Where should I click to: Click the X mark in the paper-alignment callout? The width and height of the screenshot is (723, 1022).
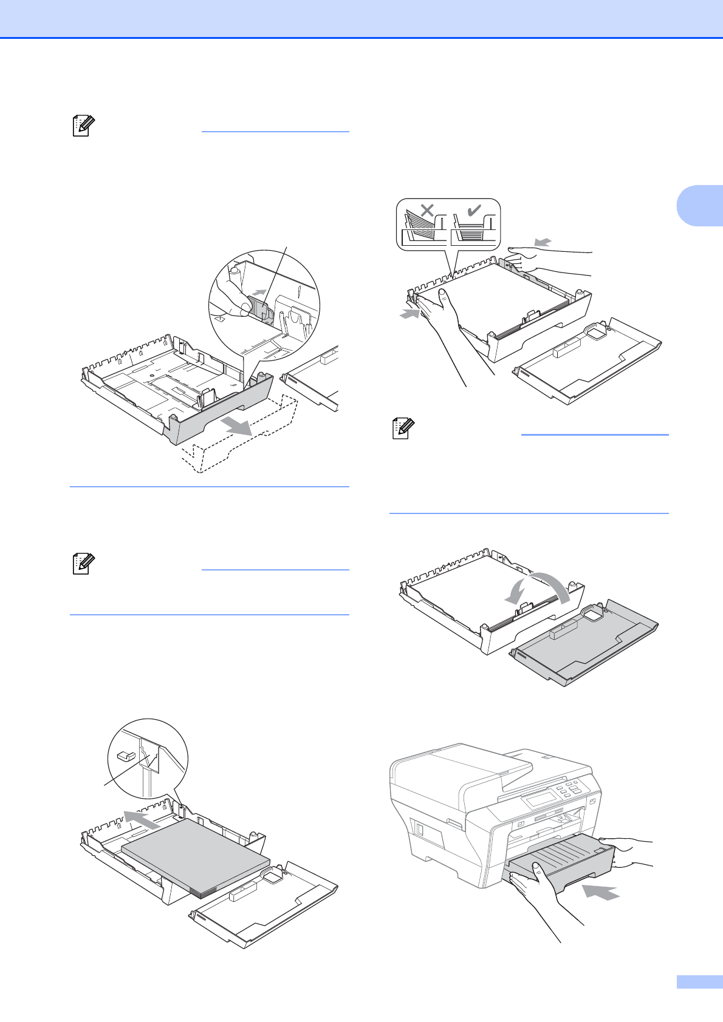428,211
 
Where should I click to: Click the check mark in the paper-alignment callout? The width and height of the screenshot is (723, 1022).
473,211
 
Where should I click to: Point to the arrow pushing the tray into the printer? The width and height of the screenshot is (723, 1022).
601,892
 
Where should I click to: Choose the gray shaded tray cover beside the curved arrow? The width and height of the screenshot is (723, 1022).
583,649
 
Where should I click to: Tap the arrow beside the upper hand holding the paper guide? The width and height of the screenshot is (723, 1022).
543,242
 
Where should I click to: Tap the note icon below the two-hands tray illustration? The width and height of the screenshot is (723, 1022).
400,429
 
